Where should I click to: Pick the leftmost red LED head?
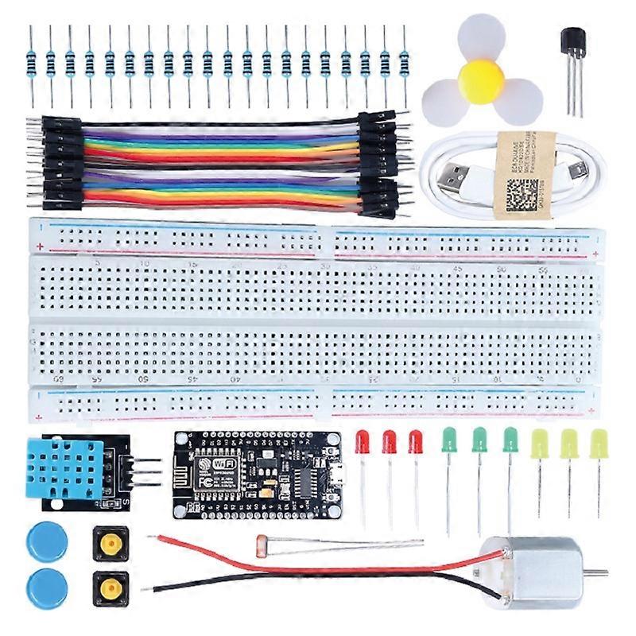tap(363, 442)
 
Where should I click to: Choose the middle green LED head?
tap(479, 440)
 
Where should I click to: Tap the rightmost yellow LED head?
tap(599, 443)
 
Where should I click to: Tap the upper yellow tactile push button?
tap(111, 543)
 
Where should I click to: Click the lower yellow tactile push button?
tap(111, 588)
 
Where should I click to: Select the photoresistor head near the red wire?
tap(261, 545)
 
